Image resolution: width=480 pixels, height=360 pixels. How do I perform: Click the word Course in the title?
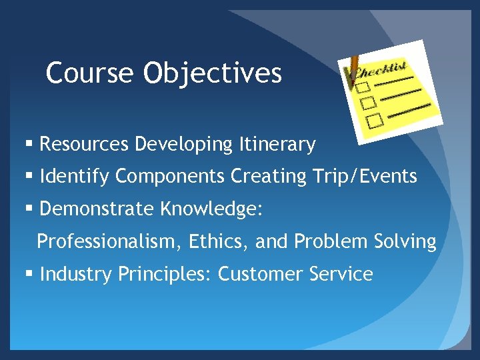pyautogui.click(x=90, y=73)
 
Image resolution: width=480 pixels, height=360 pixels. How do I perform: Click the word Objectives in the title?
pyautogui.click(x=212, y=73)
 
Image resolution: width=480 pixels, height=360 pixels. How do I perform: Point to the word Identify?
pyautogui.click(x=75, y=177)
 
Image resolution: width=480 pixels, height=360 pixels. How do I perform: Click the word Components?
pyautogui.click(x=170, y=177)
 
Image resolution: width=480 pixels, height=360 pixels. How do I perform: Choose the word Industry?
pyautogui.click(x=76, y=274)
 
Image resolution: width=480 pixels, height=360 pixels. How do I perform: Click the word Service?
pyautogui.click(x=341, y=274)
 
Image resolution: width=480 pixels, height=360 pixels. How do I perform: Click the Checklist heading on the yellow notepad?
pyautogui.click(x=381, y=69)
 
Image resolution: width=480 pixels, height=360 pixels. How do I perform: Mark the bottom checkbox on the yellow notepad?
pyautogui.click(x=375, y=120)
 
